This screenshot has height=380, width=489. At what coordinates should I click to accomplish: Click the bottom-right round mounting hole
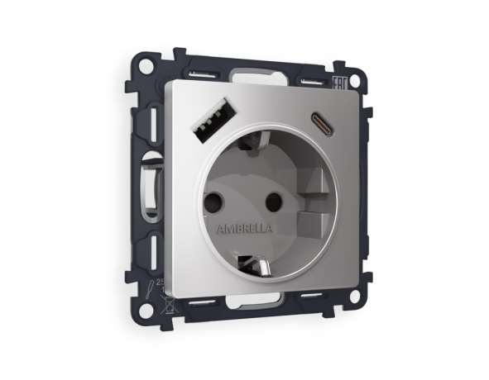coord(358,295)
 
